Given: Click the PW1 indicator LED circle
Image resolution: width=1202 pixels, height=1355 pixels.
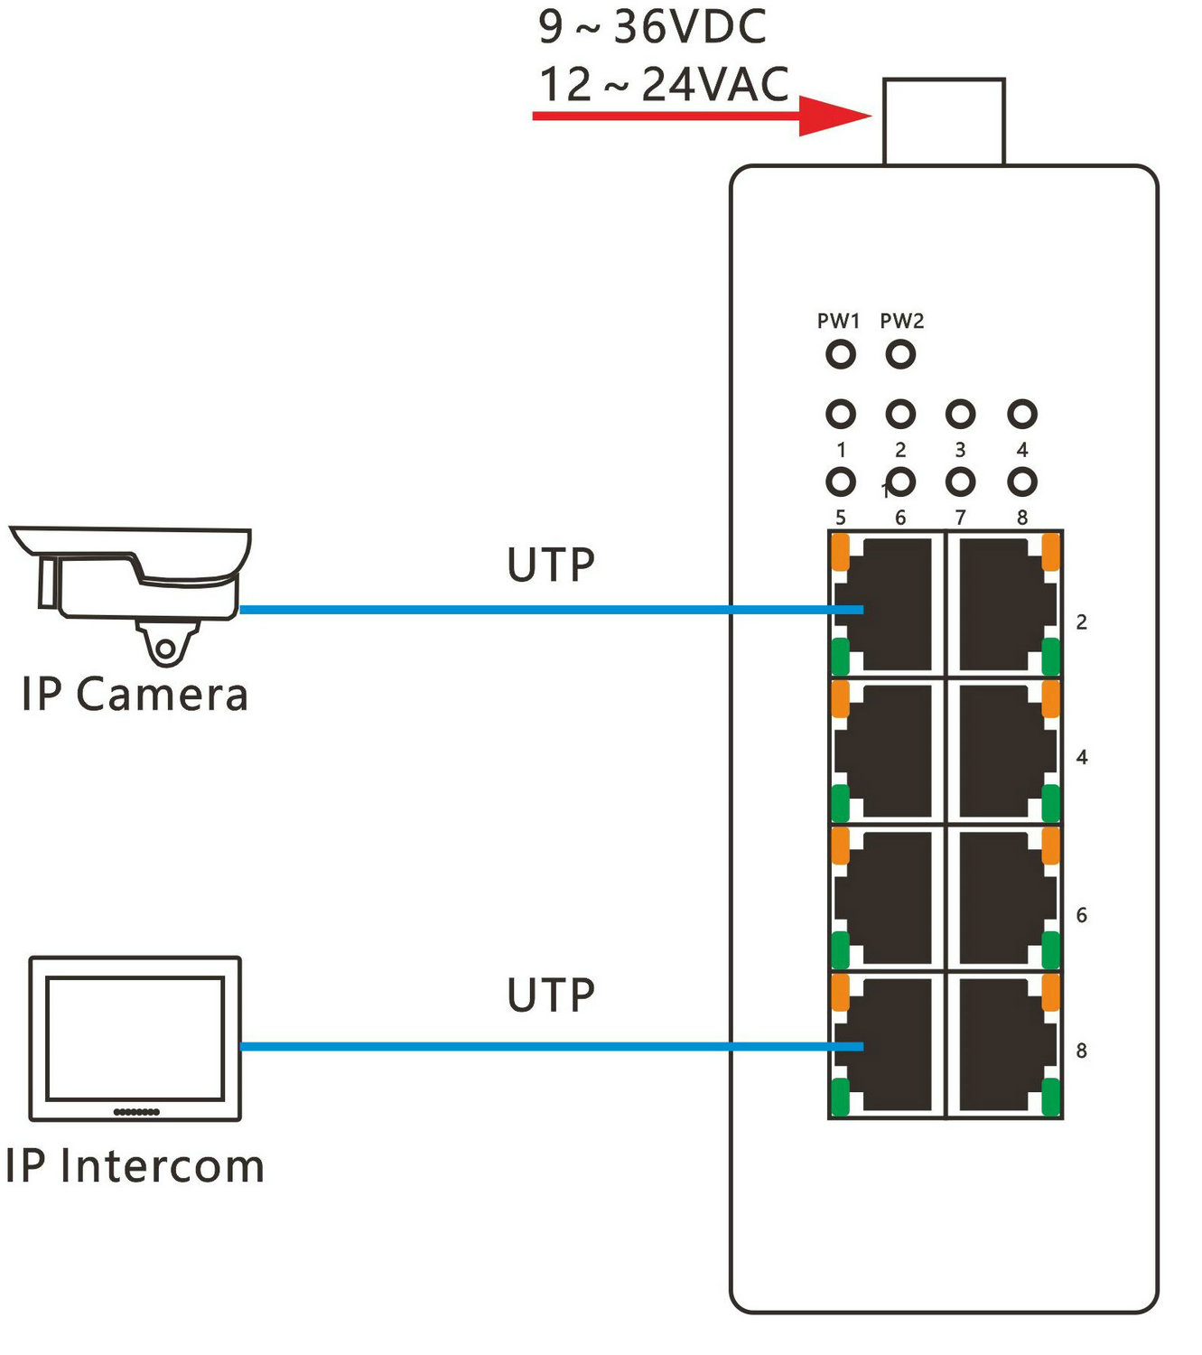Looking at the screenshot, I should (840, 354).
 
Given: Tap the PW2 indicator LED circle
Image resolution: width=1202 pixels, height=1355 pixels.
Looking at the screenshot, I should (900, 354).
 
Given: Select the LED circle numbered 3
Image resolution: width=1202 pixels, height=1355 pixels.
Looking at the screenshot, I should (960, 415).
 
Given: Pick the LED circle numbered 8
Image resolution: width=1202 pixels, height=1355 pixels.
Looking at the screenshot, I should (1021, 482).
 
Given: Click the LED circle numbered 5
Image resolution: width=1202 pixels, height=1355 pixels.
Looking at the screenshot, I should (840, 482).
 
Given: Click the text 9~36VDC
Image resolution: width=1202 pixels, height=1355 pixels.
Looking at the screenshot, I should (652, 26).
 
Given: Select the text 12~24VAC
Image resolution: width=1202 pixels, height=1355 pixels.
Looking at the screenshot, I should (664, 85).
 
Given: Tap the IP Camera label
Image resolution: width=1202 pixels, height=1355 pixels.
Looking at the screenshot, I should (135, 695).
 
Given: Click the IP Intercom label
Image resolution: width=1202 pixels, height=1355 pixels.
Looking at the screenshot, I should (135, 1166).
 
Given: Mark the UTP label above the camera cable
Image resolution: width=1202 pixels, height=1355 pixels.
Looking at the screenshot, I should (551, 565).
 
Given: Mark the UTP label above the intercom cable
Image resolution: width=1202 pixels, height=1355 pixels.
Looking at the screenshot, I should (551, 995).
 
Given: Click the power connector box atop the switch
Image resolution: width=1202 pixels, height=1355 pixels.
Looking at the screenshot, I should (944, 122).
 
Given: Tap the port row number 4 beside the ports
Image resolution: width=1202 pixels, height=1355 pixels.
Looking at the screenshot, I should (1082, 757).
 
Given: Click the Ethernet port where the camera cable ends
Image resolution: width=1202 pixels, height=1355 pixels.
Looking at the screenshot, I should (886, 603).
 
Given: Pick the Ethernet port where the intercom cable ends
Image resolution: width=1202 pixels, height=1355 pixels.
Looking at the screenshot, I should (886, 1044).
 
